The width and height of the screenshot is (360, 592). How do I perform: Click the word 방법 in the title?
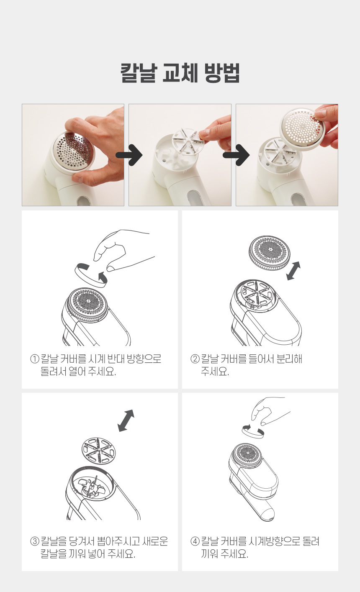pyautogui.click(x=222, y=73)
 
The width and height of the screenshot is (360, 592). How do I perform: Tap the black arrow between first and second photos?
pyautogui.click(x=129, y=155)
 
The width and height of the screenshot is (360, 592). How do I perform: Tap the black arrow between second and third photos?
pyautogui.click(x=236, y=155)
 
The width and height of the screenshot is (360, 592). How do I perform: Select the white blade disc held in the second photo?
pyautogui.click(x=189, y=141)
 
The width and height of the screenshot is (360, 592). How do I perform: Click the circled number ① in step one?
pyautogui.click(x=35, y=359)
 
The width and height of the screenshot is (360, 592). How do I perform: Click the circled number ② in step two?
pyautogui.click(x=195, y=359)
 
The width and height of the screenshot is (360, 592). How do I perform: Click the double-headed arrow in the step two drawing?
pyautogui.click(x=293, y=271)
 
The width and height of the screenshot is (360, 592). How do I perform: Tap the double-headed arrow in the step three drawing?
pyautogui.click(x=126, y=420)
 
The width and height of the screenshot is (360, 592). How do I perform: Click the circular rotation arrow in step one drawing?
pyautogui.click(x=91, y=275)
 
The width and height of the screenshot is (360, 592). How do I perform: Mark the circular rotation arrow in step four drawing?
pyautogui.click(x=253, y=431)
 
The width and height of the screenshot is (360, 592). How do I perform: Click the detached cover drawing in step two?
pyautogui.click(x=270, y=253)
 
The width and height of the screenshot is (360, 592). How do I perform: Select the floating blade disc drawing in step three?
pyautogui.click(x=99, y=450)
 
